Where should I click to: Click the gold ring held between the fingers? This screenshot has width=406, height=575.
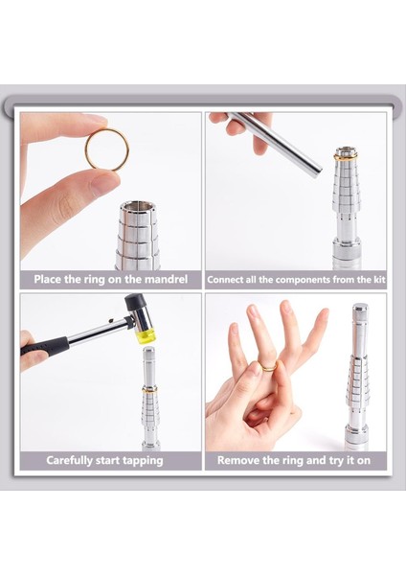pos(88,158)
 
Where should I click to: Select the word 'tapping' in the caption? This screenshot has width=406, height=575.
pos(143,461)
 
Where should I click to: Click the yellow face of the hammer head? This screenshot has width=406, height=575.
pos(146,336)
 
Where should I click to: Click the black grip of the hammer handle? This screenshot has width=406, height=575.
pos(45,345)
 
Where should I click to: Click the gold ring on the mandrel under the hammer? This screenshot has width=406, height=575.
pos(150,389)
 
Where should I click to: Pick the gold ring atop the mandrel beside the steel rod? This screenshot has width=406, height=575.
pos(345,158)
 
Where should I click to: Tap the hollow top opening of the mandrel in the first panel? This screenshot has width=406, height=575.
pos(138,206)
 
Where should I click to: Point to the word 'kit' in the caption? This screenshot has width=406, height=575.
pos(379,280)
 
